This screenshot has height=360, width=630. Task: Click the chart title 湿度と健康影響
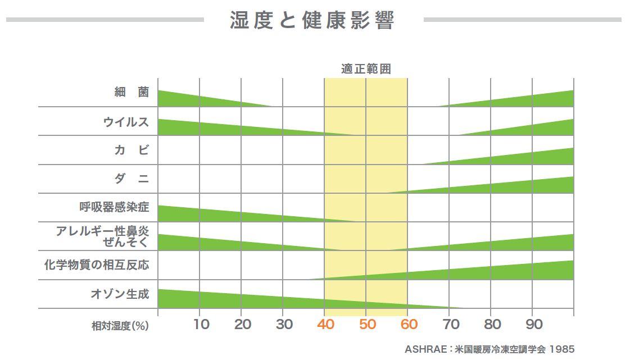pyautogui.click(x=312, y=20)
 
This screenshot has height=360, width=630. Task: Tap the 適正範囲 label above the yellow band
pyautogui.click(x=366, y=69)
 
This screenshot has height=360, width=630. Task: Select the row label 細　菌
pyautogui.click(x=132, y=92)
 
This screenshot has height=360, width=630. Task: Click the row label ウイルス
pyautogui.click(x=126, y=121)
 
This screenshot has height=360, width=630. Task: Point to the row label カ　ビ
pyautogui.click(x=132, y=150)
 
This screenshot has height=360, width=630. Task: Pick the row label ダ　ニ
pyautogui.click(x=132, y=179)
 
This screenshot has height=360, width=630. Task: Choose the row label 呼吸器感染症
pyautogui.click(x=115, y=207)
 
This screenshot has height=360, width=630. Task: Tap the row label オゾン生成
pyautogui.click(x=120, y=293)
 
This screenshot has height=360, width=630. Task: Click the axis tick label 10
pyautogui.click(x=201, y=324)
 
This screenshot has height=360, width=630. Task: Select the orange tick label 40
pyautogui.click(x=326, y=324)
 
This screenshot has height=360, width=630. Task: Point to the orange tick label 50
pyautogui.click(x=368, y=324)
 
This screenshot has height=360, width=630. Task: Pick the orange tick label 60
pyautogui.click(x=409, y=324)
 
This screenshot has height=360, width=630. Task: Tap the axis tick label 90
pyautogui.click(x=534, y=324)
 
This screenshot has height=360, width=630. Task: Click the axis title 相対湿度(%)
pyautogui.click(x=120, y=326)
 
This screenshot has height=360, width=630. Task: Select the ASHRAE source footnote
pyautogui.click(x=490, y=349)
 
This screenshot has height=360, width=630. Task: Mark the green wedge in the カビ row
pyautogui.click(x=528, y=157)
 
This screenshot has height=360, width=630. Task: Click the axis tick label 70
pyautogui.click(x=451, y=324)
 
